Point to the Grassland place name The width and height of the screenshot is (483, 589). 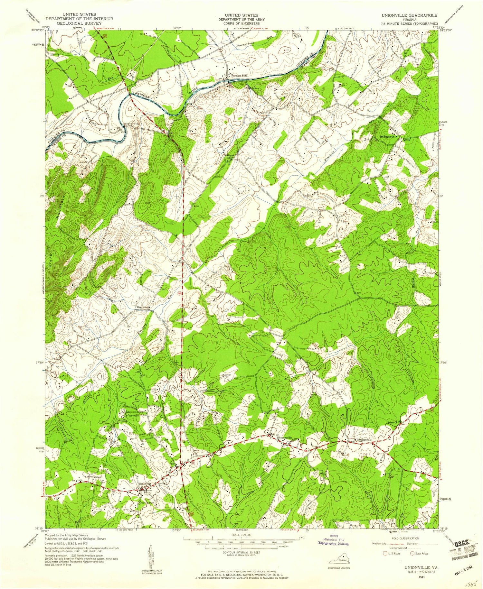pyautogui.click(x=96, y=477)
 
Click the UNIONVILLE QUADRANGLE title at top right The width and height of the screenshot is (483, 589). pyautogui.click(x=409, y=15)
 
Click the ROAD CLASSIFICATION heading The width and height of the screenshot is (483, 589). pyautogui.click(x=403, y=538)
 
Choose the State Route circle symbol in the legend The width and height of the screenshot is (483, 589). pyautogui.click(x=412, y=553)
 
